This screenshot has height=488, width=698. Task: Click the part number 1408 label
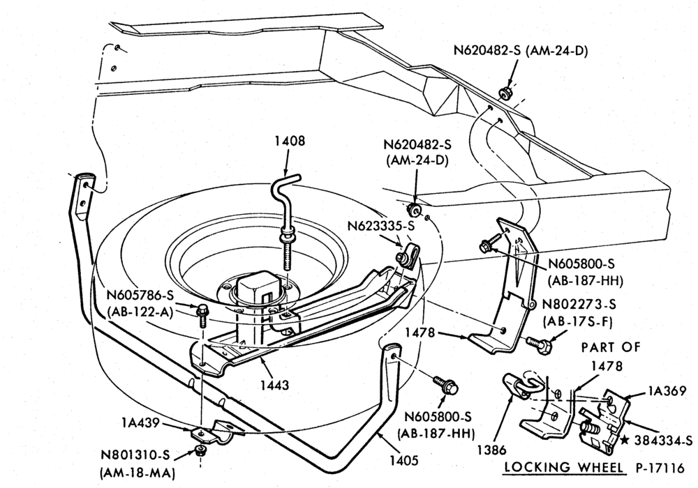(290, 141)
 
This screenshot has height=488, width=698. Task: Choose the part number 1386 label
(492, 450)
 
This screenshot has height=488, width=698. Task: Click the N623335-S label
(381, 226)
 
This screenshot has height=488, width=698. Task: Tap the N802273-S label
(579, 305)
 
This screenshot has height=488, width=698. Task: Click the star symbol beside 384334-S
(625, 440)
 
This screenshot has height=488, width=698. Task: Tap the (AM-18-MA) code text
(136, 473)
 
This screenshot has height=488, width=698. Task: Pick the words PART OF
(611, 347)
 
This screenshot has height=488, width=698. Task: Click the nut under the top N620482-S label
(505, 93)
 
